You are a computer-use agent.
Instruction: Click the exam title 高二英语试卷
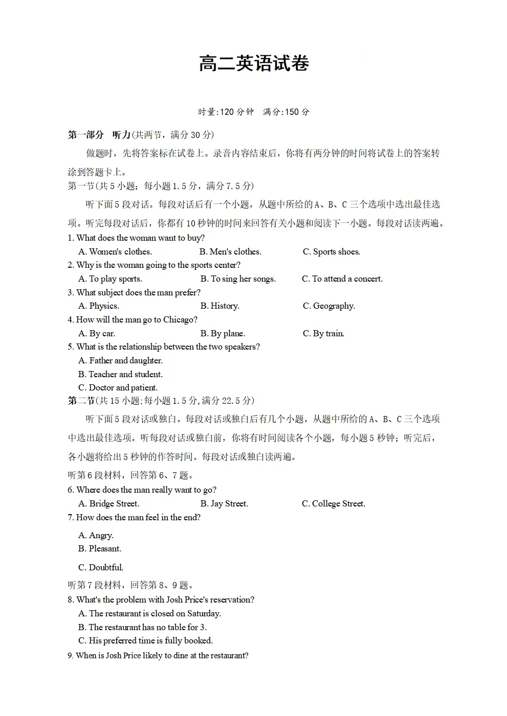(254, 64)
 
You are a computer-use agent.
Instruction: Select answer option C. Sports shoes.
(331, 251)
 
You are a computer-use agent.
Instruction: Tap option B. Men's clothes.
(230, 251)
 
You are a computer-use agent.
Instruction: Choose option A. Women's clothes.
(115, 251)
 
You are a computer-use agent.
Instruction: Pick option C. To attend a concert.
(342, 279)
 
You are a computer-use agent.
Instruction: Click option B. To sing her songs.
(238, 279)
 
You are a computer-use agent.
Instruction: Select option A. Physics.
(99, 306)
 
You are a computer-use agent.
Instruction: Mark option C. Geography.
(328, 306)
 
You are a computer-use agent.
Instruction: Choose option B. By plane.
(223, 333)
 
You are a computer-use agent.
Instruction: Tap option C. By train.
(323, 333)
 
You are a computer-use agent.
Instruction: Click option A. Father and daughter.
(120, 360)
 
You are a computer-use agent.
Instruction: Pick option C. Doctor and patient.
(118, 387)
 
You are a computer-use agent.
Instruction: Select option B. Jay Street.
(224, 503)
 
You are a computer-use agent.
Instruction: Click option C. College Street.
(333, 503)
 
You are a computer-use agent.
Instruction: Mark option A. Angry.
(96, 535)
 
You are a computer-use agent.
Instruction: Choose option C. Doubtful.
(101, 567)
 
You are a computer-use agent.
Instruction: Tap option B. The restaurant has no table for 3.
(142, 627)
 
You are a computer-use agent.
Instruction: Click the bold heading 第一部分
(85, 135)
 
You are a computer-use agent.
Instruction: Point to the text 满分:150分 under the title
(286, 112)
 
